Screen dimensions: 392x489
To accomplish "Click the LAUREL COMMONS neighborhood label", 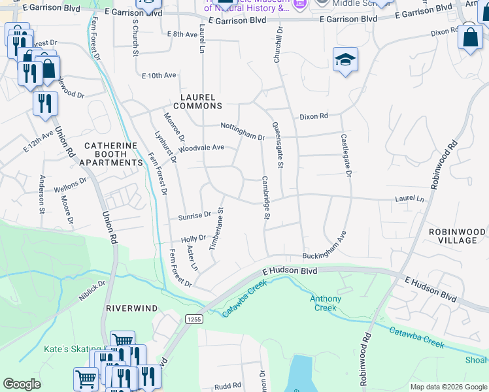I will pos(201,101).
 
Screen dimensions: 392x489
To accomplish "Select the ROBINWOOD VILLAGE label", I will pos(458,236).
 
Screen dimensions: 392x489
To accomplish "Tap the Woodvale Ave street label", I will pos(201,148).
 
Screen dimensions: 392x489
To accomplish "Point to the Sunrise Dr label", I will pos(194,214).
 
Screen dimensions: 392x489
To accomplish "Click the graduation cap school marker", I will pos(345,61).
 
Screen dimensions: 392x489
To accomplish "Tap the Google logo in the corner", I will pos(22,384).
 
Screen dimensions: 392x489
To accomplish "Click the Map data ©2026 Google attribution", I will pos(448,387).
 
